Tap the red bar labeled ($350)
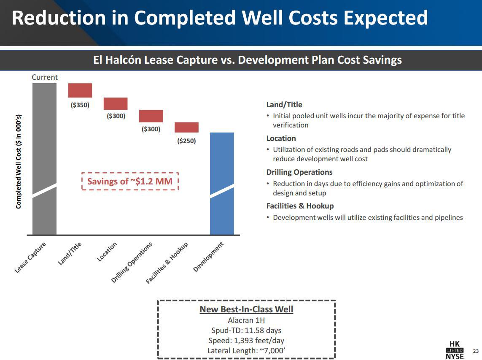pos(80,90)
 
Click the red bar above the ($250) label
pos(186,127)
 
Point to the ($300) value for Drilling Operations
pos(151,129)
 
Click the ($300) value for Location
pos(116,116)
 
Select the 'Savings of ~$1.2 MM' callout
pos(130,181)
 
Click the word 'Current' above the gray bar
pos(45,77)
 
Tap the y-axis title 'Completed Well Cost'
pos(19,161)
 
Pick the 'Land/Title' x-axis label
pos(70,254)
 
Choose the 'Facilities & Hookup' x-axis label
pos(167,263)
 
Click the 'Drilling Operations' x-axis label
pos(132,263)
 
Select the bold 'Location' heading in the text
pos(281,138)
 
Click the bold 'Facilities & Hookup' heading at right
pos(300,206)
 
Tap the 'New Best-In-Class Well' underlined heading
pos(246,309)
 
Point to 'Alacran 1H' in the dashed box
pos(246,320)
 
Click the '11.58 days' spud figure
pos(263,330)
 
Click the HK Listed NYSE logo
pos(455,350)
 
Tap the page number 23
pos(476,351)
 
